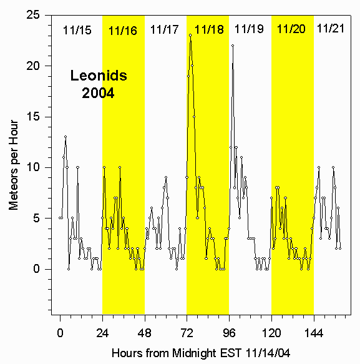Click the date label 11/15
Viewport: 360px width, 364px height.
click(x=77, y=29)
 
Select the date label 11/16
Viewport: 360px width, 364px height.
click(x=122, y=30)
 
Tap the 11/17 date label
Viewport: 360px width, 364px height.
click(x=165, y=29)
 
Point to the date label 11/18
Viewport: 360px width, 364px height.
click(x=208, y=29)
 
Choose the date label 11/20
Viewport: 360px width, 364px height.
click(x=291, y=29)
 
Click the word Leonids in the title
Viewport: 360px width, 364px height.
click(x=98, y=77)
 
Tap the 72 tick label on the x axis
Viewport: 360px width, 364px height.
click(x=187, y=332)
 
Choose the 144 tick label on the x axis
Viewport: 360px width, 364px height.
click(x=314, y=332)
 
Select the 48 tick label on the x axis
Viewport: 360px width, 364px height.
click(x=145, y=332)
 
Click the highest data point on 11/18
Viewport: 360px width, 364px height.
click(x=190, y=35)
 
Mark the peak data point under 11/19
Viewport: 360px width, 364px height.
click(x=233, y=46)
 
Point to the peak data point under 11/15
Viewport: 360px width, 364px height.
click(x=65, y=137)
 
